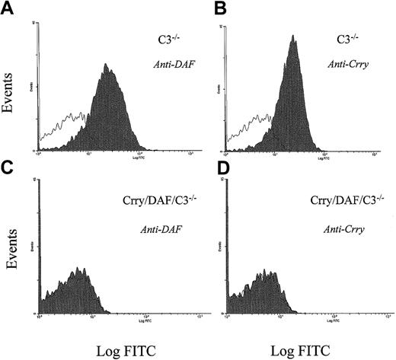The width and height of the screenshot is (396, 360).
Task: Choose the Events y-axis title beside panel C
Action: click(11, 269)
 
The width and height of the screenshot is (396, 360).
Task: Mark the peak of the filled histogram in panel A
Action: click(108, 65)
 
